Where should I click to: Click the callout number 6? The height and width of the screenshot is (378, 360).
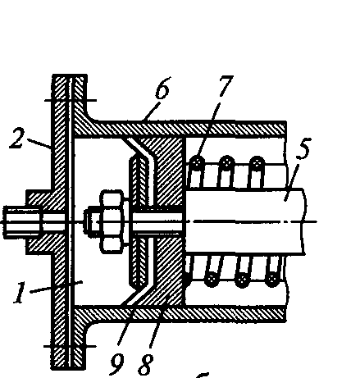click(x=163, y=88)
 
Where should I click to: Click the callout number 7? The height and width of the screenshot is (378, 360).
click(x=226, y=86)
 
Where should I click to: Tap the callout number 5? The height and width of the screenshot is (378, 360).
click(x=304, y=148)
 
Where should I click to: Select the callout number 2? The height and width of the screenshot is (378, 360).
click(x=17, y=139)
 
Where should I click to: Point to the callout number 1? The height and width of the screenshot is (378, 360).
click(x=20, y=293)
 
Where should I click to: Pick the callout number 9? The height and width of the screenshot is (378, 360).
click(x=117, y=363)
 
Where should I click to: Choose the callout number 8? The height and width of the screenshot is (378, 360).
click(x=146, y=364)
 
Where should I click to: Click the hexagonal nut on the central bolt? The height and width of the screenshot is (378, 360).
click(x=112, y=221)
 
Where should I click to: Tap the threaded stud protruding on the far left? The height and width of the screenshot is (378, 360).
click(x=22, y=221)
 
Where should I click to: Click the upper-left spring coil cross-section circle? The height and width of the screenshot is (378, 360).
click(x=197, y=163)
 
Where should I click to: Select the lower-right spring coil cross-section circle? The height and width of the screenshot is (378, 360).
click(x=272, y=279)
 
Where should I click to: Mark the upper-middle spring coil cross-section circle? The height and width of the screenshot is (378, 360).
click(x=226, y=163)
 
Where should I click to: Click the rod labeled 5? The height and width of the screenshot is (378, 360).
click(x=245, y=221)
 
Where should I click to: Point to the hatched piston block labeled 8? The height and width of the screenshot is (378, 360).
click(x=167, y=221)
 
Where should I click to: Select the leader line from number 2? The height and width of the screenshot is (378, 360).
click(x=39, y=144)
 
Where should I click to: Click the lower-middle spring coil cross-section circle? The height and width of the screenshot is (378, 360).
click(x=242, y=279)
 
